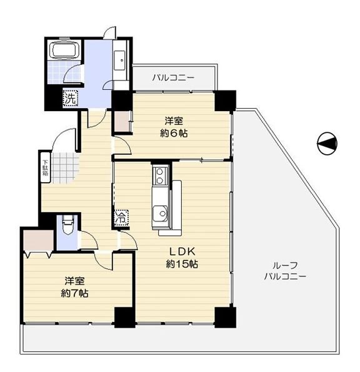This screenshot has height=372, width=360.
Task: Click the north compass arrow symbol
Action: click(327, 144)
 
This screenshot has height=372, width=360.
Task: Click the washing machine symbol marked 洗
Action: click(69, 97)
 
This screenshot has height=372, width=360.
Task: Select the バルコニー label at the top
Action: click(173, 78)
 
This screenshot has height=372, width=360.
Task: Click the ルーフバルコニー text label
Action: click(284, 270)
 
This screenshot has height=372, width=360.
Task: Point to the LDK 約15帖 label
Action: click(182, 258)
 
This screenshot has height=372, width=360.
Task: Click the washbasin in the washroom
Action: click(119, 59)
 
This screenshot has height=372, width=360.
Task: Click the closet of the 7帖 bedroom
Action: click(37, 241)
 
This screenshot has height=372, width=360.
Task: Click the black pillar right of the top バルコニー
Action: click(225, 100)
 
